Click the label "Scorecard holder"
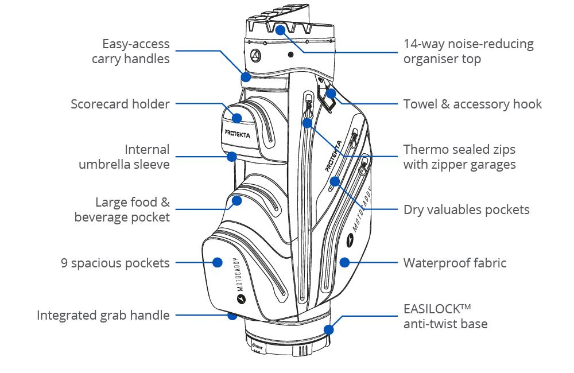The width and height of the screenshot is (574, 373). pos(120,104)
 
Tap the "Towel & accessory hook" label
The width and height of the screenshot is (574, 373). pos(472,104)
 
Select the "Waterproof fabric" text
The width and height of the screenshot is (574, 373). pos(455,263)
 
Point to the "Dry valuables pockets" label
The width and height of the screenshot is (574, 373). pos(466,210)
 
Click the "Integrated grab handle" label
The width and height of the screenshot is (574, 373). pos(103,315)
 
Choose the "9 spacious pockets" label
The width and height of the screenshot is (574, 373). pos(115,263)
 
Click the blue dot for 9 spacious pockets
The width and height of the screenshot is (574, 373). pos(218,262)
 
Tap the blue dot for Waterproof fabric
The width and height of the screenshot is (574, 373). pos(344,262)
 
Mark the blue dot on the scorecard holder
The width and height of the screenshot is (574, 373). pos(237,118)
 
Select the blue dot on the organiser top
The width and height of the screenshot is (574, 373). pos(280,30)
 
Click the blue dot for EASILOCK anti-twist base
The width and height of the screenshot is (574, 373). pos(329,330)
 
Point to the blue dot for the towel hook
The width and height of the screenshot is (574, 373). pos(331,94)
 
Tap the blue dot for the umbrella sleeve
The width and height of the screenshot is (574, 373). pos(231,157)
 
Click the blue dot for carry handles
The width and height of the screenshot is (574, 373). pos(246,77)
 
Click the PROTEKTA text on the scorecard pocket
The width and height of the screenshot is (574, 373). pos(237,134)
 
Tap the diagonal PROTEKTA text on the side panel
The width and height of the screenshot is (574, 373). pos(333,156)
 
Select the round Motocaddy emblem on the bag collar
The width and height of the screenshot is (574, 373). pos(256,56)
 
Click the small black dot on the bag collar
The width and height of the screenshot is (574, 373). pos(290,55)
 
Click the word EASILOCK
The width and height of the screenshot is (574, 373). pos(432,309)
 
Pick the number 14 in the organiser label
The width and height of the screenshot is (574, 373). pos(410,44)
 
